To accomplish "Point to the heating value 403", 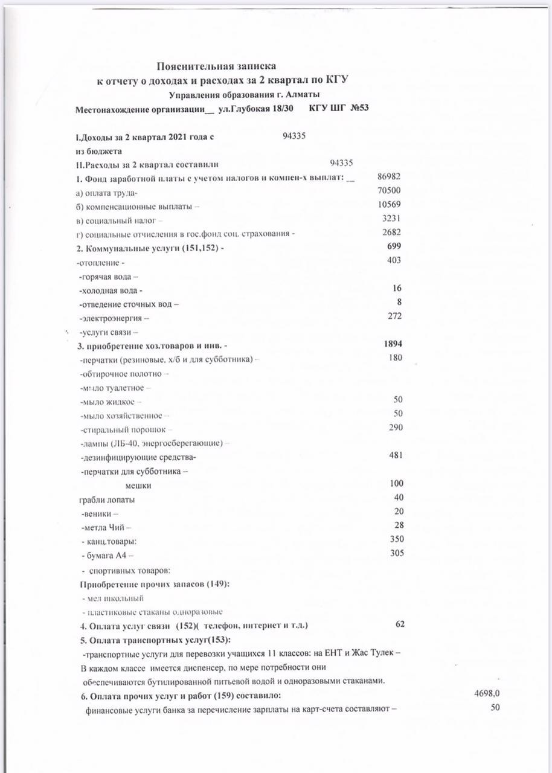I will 394,260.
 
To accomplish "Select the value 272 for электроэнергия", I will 394,316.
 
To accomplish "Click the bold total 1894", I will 393,344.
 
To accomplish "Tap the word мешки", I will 138,486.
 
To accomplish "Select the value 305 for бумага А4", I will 396,553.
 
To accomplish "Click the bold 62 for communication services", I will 400,624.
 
